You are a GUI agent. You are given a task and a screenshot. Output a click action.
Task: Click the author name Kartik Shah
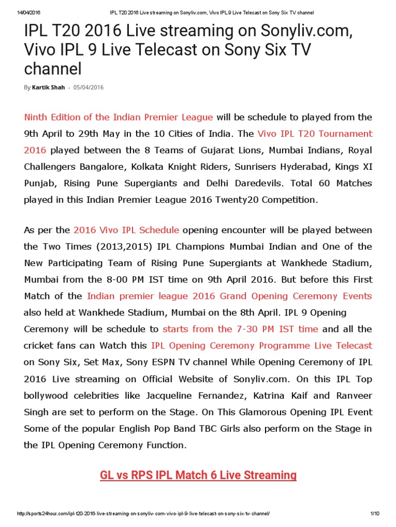coord(48,87)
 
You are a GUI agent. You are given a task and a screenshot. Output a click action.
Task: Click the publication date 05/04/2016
coord(88,87)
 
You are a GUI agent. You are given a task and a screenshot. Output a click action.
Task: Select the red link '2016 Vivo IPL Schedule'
coord(126,230)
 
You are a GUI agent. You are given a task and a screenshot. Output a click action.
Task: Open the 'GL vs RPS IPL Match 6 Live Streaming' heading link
coord(198,475)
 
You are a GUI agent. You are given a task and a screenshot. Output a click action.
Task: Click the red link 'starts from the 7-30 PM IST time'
coord(240,329)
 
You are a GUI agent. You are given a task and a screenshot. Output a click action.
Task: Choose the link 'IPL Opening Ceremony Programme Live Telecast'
coord(261,345)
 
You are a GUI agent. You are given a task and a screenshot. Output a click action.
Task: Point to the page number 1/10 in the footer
coord(374,514)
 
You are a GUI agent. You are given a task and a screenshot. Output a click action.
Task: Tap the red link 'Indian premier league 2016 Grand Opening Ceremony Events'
coord(229,296)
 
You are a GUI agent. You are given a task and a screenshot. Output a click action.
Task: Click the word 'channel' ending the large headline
coord(53,68)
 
